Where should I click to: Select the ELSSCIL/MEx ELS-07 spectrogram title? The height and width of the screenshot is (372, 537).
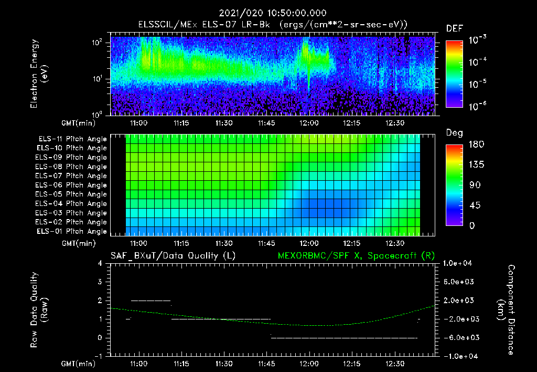pos(272,25)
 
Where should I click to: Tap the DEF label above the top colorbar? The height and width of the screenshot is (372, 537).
pos(454,28)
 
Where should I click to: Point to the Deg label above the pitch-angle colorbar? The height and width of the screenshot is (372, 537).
pos(454,133)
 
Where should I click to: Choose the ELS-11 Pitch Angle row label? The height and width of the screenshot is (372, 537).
pos(72,139)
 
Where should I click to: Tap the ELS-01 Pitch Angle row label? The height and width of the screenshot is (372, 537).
pos(72,232)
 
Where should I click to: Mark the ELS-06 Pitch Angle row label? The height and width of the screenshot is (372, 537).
pos(72,185)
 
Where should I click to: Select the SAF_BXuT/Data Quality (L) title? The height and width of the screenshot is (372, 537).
pos(173,256)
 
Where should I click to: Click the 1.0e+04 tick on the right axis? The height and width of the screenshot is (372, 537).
pos(459,263)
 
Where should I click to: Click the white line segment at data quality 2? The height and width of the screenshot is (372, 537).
pos(151,301)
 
